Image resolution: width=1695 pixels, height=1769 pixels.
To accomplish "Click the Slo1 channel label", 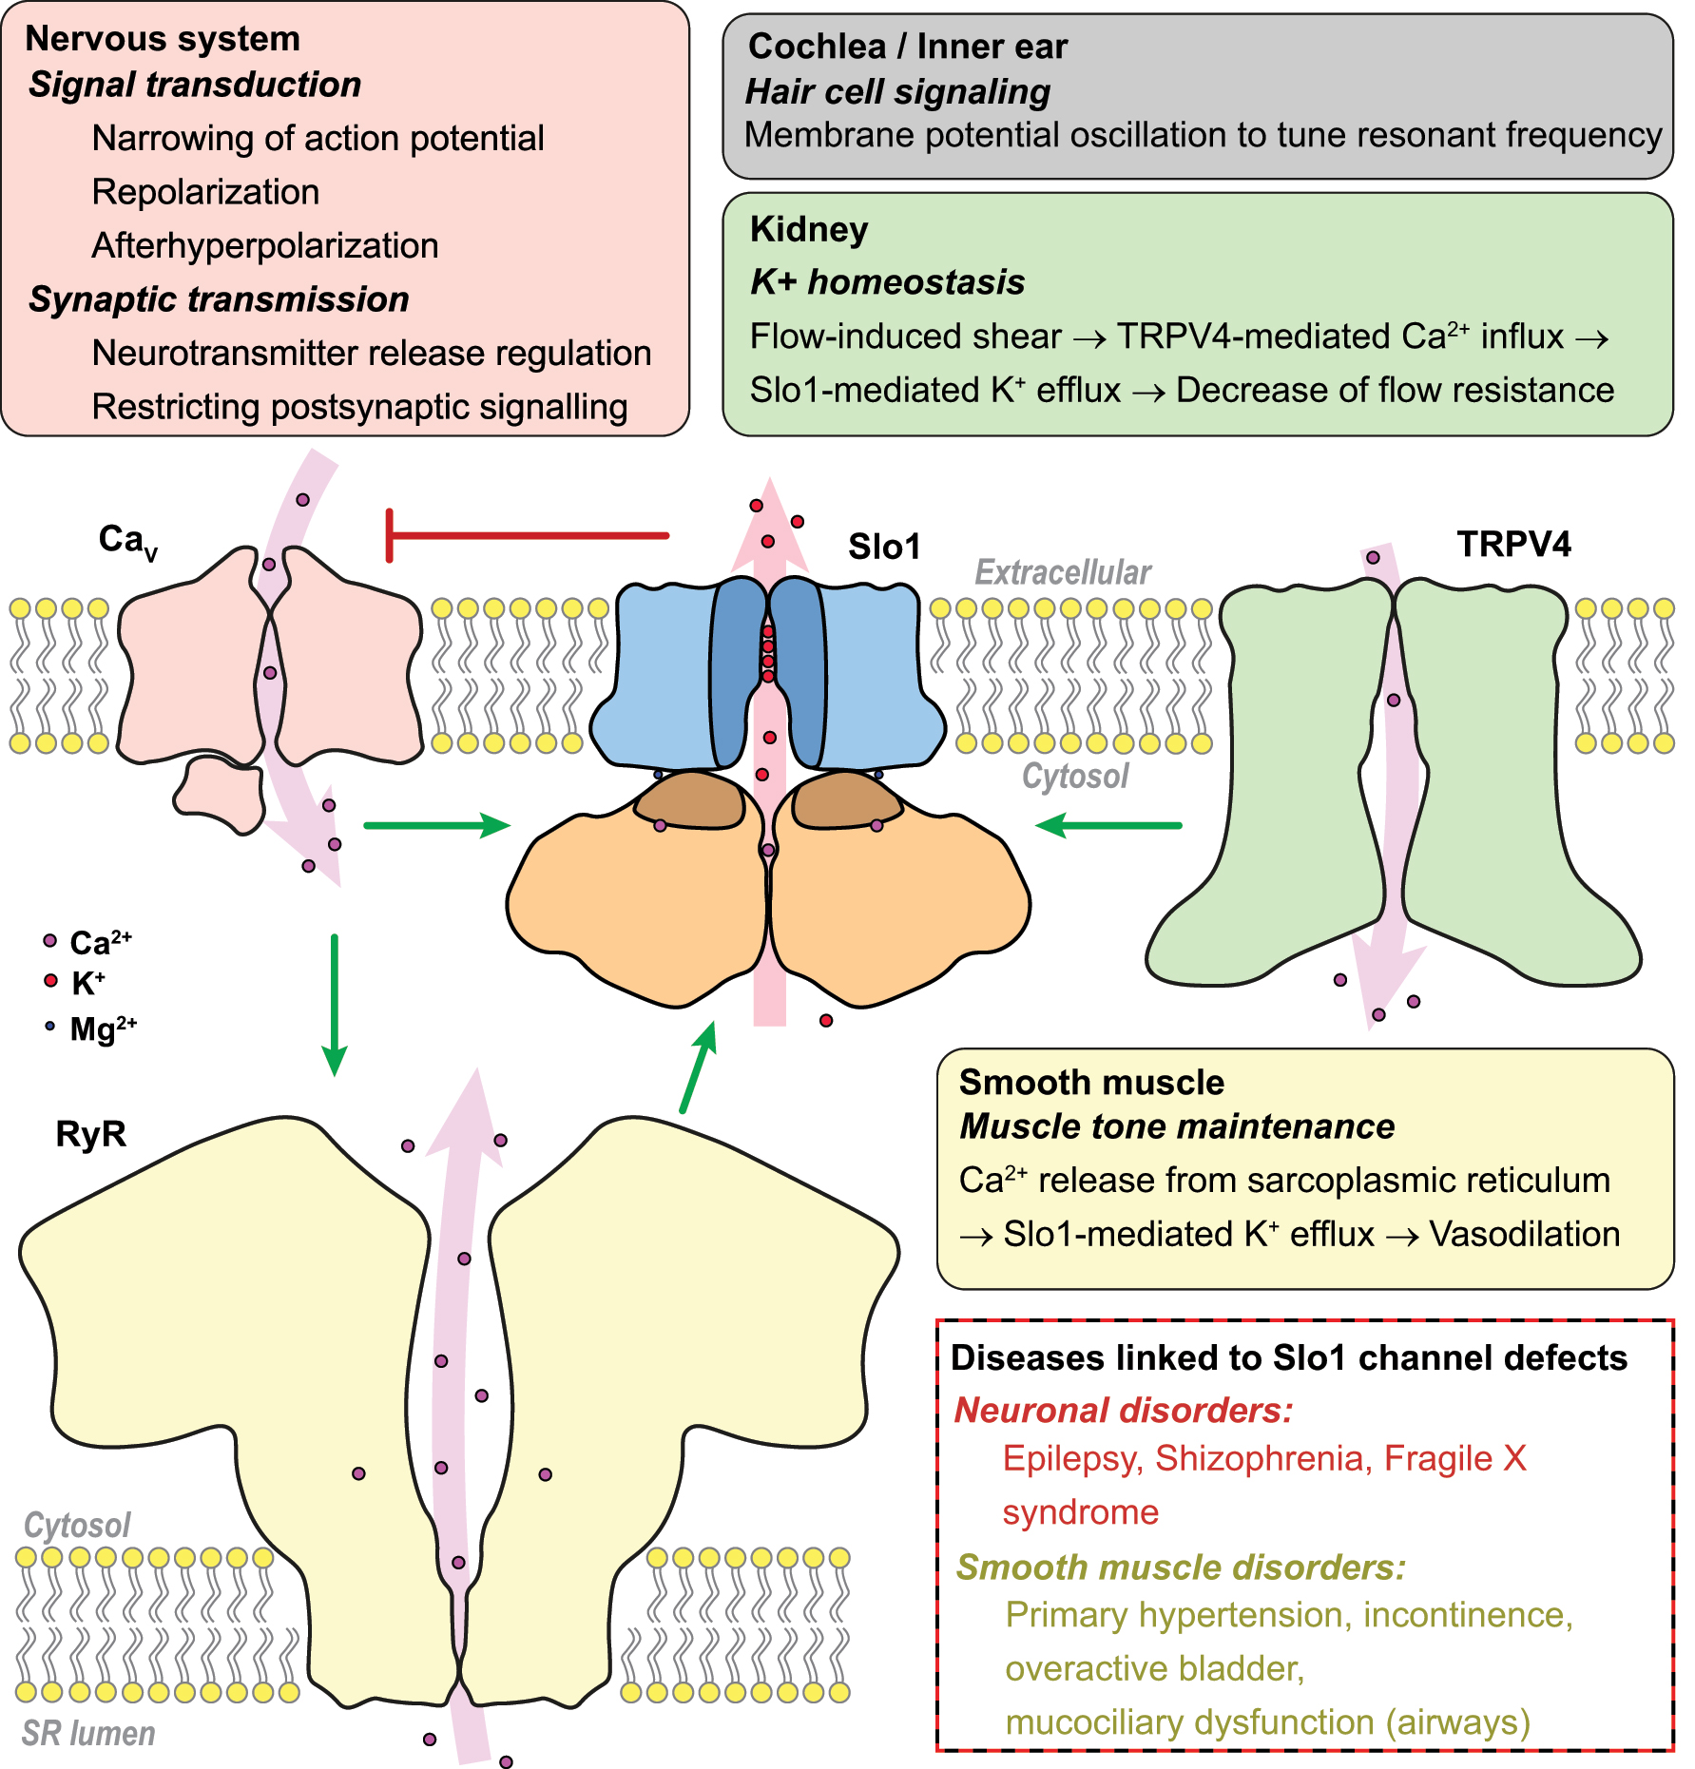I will coord(884,547).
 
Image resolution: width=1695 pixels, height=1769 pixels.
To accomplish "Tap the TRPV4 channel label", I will coord(1513,544).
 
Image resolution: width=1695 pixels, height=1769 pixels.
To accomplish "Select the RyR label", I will coord(90,1134).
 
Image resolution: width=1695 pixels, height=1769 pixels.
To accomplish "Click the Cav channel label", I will coord(126,541).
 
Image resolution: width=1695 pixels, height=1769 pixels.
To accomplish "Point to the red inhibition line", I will coord(528,535).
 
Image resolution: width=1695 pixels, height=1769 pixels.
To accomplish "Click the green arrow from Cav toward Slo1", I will coord(437,825).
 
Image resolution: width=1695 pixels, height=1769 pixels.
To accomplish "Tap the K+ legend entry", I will coord(76,983).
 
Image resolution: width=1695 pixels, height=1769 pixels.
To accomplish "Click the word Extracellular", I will coord(1062,572).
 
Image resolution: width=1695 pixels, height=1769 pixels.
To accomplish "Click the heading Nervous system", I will coord(163,39).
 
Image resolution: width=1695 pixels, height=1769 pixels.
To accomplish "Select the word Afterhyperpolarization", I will coord(264,245).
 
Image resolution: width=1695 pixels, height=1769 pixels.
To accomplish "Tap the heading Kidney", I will coord(808,229).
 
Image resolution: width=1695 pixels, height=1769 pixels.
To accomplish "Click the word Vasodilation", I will coord(1524,1234).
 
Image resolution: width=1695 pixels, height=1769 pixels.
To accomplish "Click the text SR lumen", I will coord(88,1734).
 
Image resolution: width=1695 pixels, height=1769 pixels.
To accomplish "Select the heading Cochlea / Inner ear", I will coord(907,46).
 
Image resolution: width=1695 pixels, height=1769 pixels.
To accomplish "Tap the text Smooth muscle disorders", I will coord(1180,1567).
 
